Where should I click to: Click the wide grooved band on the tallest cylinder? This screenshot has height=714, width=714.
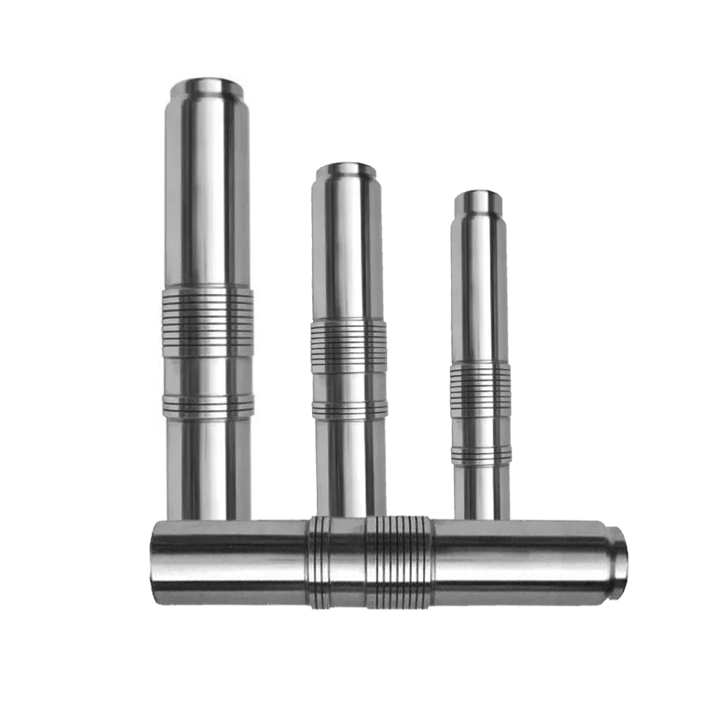coord(208,321)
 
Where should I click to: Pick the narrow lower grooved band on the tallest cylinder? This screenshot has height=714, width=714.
coord(208,406)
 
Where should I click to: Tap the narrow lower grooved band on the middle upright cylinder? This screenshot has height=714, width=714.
coord(349,408)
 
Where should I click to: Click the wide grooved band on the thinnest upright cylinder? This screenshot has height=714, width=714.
coord(481,389)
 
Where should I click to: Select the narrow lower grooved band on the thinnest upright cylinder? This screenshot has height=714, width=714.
coord(481,455)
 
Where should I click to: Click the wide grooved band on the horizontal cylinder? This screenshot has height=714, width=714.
coord(399,562)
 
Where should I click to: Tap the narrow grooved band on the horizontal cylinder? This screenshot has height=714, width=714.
coord(319,562)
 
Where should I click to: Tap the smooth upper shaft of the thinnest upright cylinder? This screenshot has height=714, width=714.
coord(480,286)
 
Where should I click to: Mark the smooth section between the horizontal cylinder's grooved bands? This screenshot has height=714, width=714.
coord(348,562)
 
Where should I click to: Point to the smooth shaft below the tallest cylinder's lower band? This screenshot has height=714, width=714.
coord(208,464)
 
